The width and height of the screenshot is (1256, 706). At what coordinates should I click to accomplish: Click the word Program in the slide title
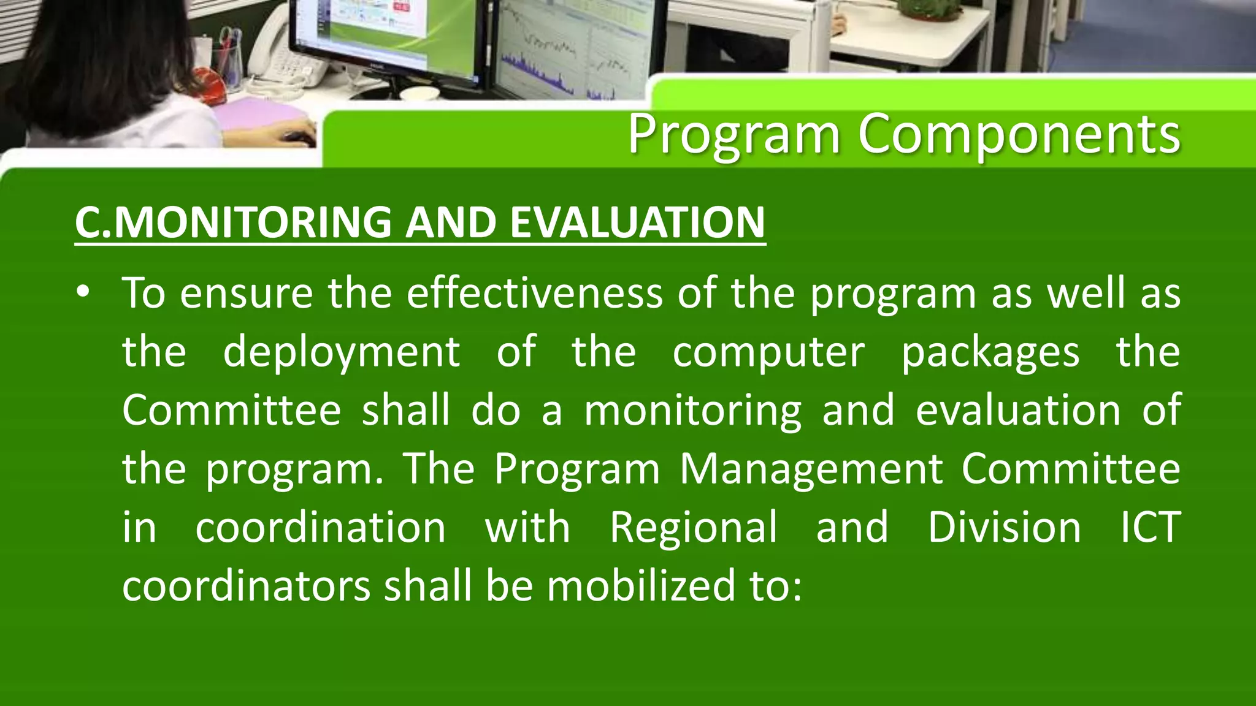[733, 135]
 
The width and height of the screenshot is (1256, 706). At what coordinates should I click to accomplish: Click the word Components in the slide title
[1019, 135]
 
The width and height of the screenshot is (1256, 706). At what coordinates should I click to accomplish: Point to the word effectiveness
[534, 293]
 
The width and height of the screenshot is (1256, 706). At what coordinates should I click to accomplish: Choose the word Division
[1003, 527]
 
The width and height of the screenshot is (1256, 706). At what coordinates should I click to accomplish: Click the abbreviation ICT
[1150, 527]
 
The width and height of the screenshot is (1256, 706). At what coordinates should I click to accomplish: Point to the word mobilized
[641, 586]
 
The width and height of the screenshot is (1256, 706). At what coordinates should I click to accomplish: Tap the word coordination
[320, 527]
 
